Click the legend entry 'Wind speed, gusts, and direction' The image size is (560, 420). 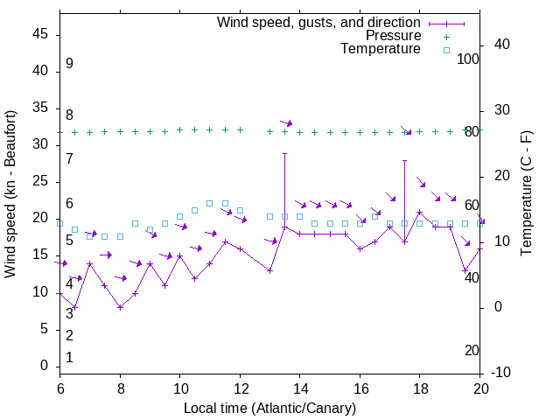319,22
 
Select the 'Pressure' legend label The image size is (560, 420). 393,36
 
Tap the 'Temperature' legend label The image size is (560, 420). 381,49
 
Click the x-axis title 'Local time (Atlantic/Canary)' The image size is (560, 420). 270,409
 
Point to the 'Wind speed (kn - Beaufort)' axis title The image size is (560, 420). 10,194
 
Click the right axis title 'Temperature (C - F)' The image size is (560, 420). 526,194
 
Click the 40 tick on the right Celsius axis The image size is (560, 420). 502,45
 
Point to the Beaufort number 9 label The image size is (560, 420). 69,64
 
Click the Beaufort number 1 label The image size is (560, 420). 69,358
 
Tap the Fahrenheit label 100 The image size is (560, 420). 469,59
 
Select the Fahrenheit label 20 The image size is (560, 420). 472,351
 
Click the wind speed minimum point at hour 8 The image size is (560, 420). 120,307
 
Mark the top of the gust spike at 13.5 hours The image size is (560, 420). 284,153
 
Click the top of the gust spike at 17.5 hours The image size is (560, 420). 404,160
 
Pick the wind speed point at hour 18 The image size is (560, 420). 420,212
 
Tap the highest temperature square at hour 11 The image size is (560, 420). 210,203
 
